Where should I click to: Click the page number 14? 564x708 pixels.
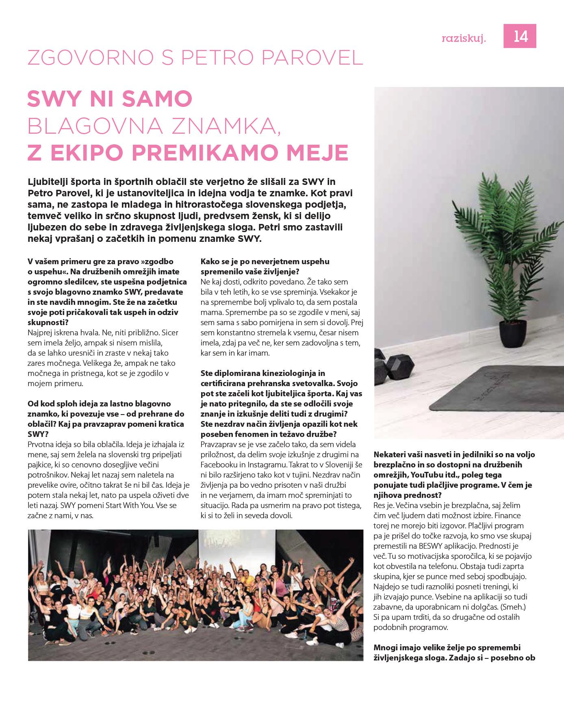[x=521, y=37]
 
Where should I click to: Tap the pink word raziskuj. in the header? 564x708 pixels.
[x=464, y=38]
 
